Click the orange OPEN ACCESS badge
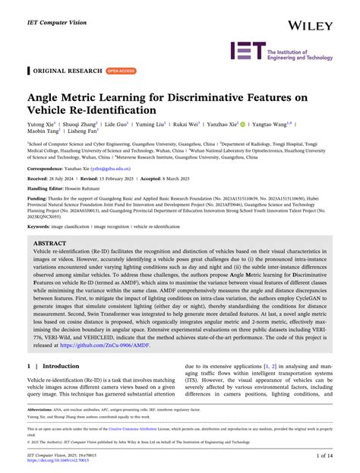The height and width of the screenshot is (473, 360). [122, 71]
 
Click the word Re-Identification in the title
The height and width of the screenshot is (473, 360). [114, 111]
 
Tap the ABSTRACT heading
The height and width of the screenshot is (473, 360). [50, 245]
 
